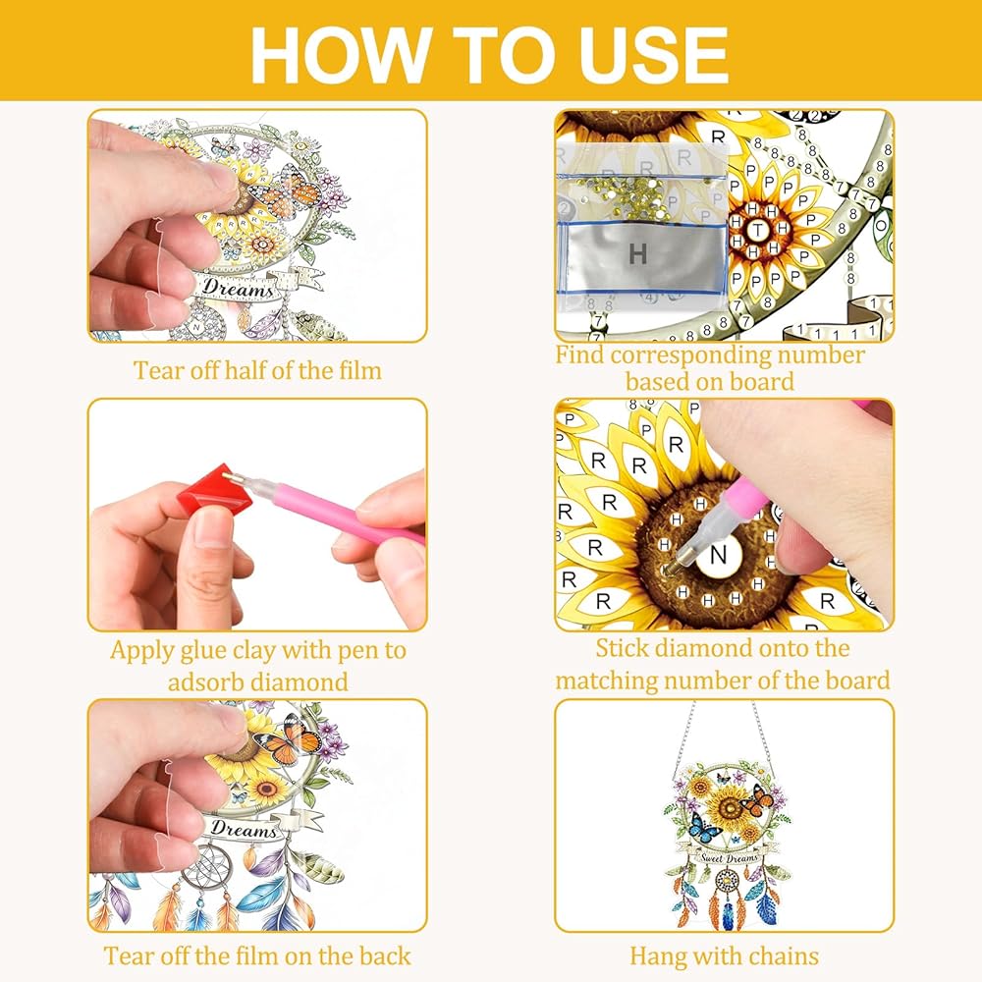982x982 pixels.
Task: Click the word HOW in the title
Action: pyautogui.click(x=339, y=55)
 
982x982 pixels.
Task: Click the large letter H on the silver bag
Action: pyautogui.click(x=637, y=253)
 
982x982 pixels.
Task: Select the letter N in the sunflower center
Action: pyautogui.click(x=719, y=554)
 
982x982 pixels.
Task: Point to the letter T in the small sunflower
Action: pyautogui.click(x=758, y=230)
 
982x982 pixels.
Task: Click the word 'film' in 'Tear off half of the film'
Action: pyautogui.click(x=360, y=370)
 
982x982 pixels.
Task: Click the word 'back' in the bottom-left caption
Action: pyautogui.click(x=385, y=956)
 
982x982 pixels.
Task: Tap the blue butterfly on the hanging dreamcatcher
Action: pyautogui.click(x=705, y=827)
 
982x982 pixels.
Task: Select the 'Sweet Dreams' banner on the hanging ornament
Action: pyautogui.click(x=729, y=857)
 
